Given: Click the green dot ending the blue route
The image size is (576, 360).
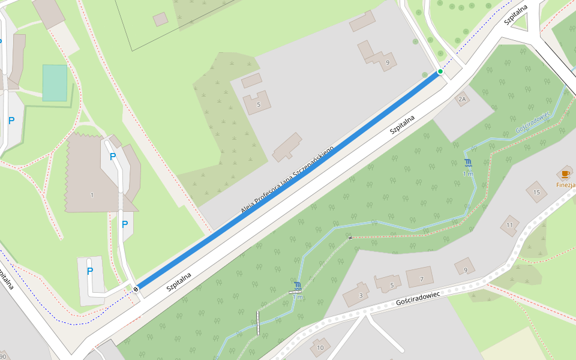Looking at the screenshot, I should [x=440, y=71].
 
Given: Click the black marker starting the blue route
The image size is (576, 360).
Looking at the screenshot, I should [x=136, y=289].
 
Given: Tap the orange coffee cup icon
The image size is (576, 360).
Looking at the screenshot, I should [x=565, y=174].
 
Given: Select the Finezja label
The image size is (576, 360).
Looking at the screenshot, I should [x=566, y=185].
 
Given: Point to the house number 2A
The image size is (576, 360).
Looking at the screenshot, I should [x=461, y=98].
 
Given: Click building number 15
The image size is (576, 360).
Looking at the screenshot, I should [x=536, y=192].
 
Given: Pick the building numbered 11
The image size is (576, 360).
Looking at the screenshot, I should [x=509, y=225].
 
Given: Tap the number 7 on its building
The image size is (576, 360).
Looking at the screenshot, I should [x=421, y=279].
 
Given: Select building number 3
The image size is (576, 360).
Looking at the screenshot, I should [x=361, y=295].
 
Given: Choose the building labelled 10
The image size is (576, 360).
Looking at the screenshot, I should [x=320, y=347].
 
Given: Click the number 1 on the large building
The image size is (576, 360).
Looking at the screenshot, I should [x=92, y=195].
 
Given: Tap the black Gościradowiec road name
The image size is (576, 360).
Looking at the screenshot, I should [x=418, y=298].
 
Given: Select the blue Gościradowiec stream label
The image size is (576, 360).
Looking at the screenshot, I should [x=533, y=122].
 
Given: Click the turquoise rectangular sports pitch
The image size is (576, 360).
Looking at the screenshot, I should [x=55, y=83].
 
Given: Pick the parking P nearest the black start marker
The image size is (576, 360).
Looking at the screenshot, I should [x=90, y=271].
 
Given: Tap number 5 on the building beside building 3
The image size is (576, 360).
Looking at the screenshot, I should [x=391, y=285].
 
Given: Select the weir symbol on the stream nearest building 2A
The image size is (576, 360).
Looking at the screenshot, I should [x=468, y=163].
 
